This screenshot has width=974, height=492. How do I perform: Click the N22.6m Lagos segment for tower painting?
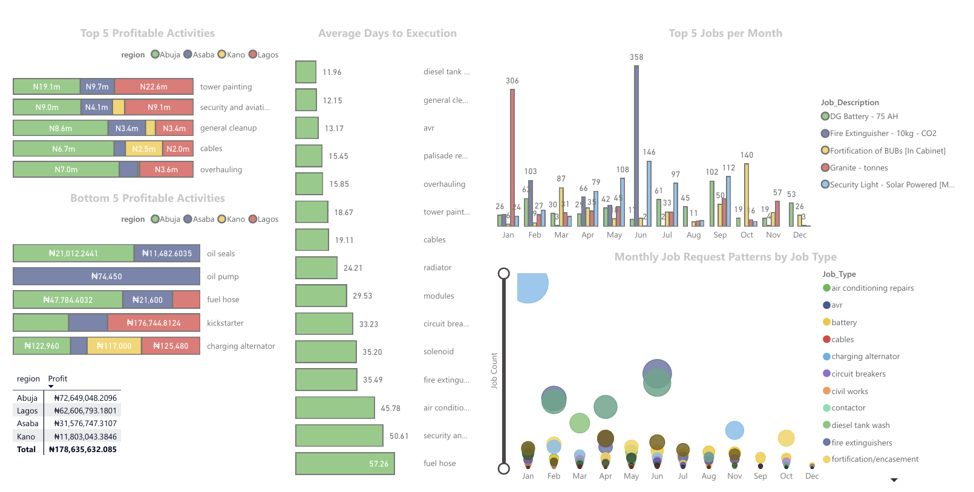tap(154, 86)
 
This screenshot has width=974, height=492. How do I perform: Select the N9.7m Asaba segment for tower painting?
tap(97, 86)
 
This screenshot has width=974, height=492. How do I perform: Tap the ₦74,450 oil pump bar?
tap(106, 276)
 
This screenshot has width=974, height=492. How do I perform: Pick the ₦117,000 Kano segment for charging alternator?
tap(114, 346)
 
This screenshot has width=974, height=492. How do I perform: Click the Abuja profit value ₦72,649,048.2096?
tap(85, 398)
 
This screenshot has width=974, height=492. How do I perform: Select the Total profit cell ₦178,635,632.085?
tap(83, 449)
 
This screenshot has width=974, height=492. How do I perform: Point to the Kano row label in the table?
tap(26, 436)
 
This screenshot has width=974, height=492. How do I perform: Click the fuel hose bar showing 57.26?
tap(345, 464)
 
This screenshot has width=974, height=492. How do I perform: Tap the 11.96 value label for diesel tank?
tap(332, 72)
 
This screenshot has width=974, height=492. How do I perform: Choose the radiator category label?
tap(437, 267)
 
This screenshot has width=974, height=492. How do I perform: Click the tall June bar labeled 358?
tap(636, 145)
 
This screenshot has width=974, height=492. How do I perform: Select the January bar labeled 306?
tap(512, 157)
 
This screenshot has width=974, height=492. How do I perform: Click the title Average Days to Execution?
tap(387, 33)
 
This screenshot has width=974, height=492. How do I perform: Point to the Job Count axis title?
tap(494, 371)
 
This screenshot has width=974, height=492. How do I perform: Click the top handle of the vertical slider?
tap(503, 273)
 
